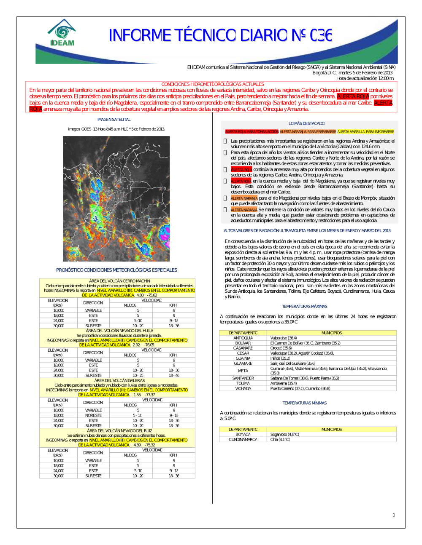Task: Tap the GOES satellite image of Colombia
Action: (116, 198)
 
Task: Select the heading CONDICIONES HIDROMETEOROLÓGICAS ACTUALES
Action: (212, 84)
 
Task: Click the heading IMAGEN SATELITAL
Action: (114, 120)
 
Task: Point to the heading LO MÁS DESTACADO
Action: (306, 123)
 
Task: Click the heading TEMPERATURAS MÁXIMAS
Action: (305, 307)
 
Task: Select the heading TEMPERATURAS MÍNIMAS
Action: (305, 403)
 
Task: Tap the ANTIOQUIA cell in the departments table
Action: (243, 338)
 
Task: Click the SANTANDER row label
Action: (243, 378)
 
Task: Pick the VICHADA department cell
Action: (243, 388)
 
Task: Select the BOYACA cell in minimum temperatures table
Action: (243, 434)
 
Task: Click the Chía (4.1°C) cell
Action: (280, 439)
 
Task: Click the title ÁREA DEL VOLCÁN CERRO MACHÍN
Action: (119, 281)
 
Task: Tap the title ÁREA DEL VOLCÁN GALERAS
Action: (119, 380)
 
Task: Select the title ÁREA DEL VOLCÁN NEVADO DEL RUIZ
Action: (119, 430)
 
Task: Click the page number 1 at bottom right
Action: (394, 515)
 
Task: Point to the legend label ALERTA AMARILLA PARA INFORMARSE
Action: (365, 132)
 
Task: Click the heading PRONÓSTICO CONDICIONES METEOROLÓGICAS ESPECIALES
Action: (116, 270)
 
